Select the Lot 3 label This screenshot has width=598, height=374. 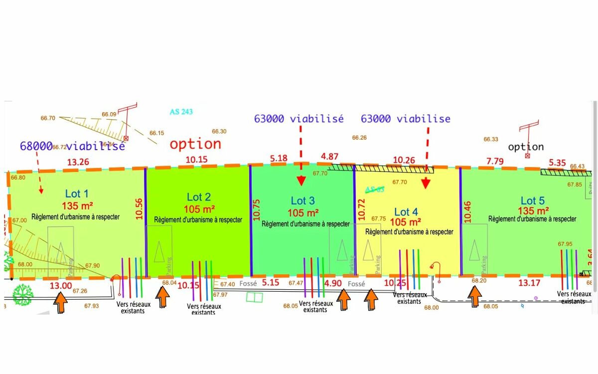[302, 200]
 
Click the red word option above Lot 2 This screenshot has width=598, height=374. [195, 144]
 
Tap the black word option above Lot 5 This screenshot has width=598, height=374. [526, 147]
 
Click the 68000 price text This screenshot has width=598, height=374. [36, 146]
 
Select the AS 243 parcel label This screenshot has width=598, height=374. [181, 112]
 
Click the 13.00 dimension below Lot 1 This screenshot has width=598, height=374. [60, 286]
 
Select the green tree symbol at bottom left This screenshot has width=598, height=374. [22, 295]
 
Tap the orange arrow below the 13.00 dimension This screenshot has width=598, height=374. [61, 303]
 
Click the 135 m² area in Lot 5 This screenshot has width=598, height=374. [533, 210]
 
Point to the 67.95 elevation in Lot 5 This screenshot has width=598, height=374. [565, 244]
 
